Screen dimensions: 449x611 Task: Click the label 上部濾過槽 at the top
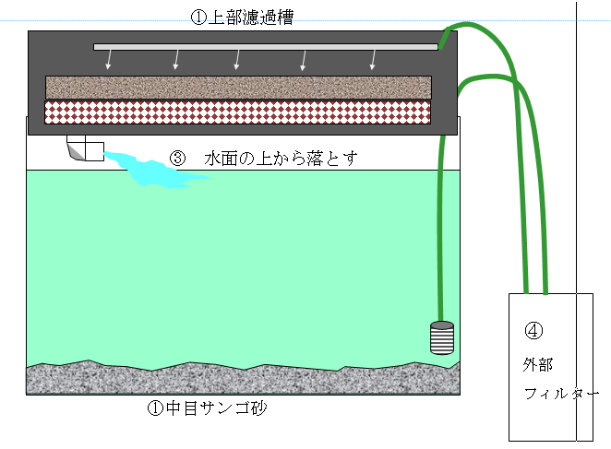point(249,18)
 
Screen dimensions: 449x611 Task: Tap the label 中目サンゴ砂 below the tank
point(210,408)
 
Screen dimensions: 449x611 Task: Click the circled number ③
point(179,159)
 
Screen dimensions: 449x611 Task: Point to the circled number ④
point(533,331)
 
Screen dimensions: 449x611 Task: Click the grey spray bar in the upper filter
point(265,45)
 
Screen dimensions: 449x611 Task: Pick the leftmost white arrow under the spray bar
point(109,60)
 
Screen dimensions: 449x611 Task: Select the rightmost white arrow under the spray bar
point(373,60)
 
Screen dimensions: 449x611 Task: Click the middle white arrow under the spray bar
point(237,60)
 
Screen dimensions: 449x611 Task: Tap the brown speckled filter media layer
point(238,88)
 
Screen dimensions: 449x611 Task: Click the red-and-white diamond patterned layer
point(238,111)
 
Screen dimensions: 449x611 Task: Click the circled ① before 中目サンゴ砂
point(155,408)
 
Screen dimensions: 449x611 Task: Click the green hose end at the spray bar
point(444,39)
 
